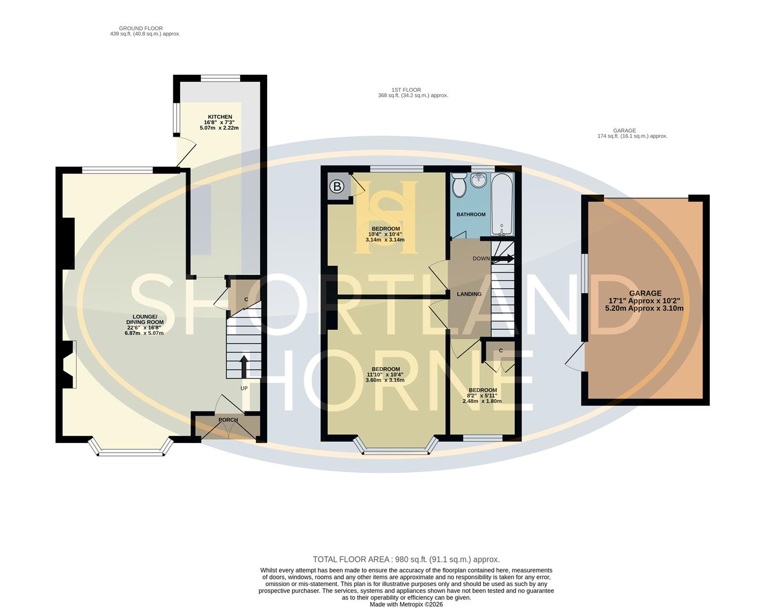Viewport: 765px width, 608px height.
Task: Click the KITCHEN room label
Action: [x=219, y=117]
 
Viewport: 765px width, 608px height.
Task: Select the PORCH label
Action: [x=228, y=420]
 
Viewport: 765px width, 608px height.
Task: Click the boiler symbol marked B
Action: [x=336, y=187]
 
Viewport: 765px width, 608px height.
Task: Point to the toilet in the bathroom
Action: [x=458, y=185]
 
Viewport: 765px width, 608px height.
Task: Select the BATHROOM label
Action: [x=471, y=214]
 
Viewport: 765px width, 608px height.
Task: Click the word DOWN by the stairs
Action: [x=481, y=259]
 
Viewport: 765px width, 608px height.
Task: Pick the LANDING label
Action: [x=469, y=294]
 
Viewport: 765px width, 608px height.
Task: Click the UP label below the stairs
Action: [x=244, y=388]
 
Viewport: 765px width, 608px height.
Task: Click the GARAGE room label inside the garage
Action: [x=645, y=293]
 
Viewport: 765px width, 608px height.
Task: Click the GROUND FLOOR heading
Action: [x=141, y=28]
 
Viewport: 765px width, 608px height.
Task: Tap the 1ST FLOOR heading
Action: [x=406, y=90]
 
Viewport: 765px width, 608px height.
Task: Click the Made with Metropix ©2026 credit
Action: [x=406, y=605]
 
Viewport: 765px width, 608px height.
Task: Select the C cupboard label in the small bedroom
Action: [x=501, y=351]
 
